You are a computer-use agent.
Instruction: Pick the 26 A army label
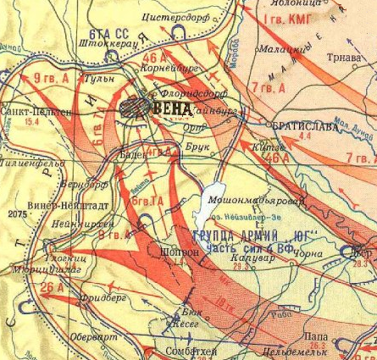click(52, 287)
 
